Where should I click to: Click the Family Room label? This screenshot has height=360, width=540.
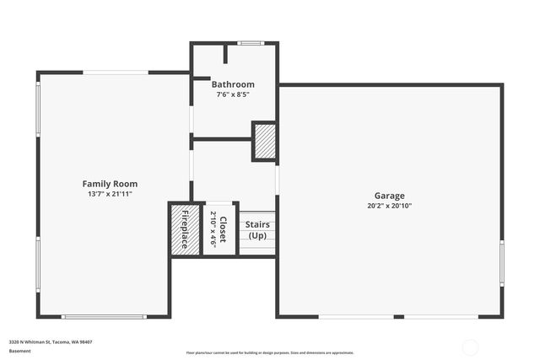click(x=110, y=184)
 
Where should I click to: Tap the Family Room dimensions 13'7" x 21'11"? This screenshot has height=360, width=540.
click(x=110, y=194)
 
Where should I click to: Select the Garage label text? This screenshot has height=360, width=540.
click(x=390, y=196)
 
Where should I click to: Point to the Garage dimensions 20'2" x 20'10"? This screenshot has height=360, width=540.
click(x=390, y=206)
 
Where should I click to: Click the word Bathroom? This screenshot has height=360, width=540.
click(x=233, y=84)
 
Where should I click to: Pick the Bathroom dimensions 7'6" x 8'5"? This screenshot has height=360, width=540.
click(x=233, y=94)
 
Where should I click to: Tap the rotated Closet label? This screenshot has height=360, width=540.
click(x=223, y=229)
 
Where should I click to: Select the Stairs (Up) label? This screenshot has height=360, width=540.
click(x=256, y=230)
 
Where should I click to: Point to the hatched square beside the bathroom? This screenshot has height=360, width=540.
click(x=265, y=140)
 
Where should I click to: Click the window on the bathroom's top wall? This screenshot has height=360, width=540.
click(x=250, y=43)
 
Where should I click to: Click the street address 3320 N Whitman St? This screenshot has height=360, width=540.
click(x=51, y=341)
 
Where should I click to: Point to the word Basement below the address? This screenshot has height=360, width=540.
click(x=19, y=350)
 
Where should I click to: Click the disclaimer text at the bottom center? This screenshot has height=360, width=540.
click(x=270, y=352)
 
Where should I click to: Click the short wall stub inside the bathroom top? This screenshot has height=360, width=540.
click(x=225, y=53)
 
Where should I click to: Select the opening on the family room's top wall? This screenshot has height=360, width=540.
click(x=116, y=73)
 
